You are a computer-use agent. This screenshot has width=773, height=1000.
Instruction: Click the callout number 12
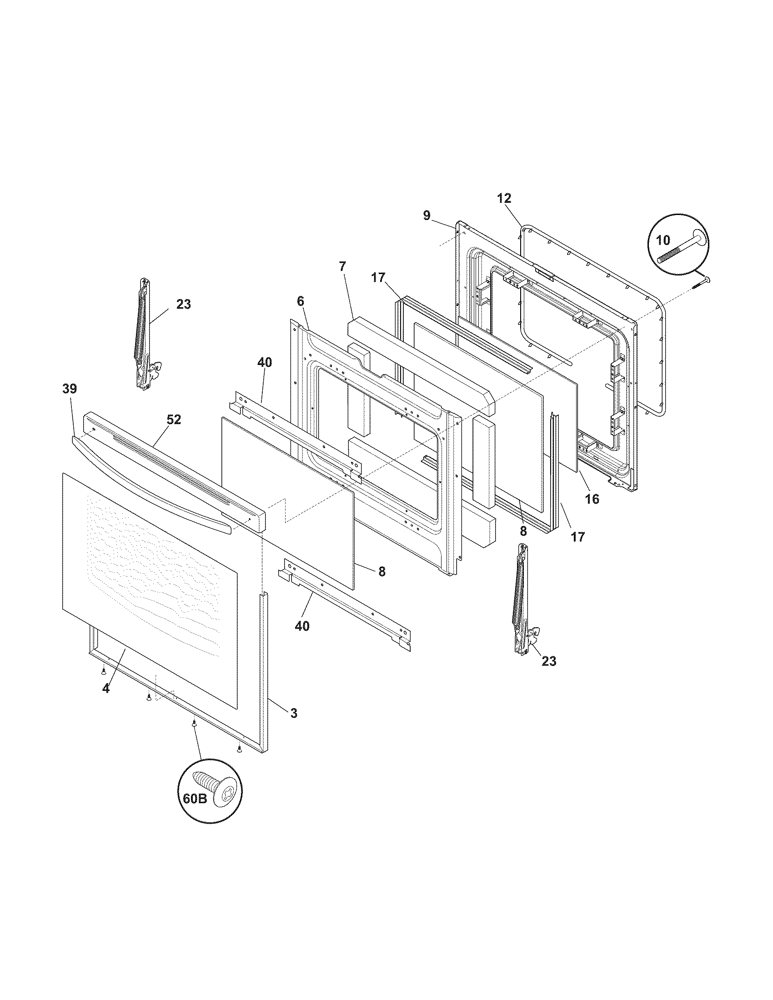504,199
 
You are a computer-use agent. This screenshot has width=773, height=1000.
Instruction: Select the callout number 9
427,215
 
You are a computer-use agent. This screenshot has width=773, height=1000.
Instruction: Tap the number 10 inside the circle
663,240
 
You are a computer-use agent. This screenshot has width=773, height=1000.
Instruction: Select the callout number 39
70,389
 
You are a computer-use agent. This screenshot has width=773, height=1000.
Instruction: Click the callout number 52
174,420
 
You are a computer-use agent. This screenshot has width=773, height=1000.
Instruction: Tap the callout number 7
343,266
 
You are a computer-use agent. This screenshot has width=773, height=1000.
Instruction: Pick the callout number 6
301,301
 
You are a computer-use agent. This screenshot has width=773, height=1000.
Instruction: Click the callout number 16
592,499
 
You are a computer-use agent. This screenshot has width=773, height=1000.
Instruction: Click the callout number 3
294,713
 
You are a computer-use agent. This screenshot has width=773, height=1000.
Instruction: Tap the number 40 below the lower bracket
302,626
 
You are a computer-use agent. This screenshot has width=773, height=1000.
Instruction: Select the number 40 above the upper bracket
264,363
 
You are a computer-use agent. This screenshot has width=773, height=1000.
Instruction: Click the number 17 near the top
378,277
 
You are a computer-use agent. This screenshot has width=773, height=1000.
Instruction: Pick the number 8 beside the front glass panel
382,571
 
